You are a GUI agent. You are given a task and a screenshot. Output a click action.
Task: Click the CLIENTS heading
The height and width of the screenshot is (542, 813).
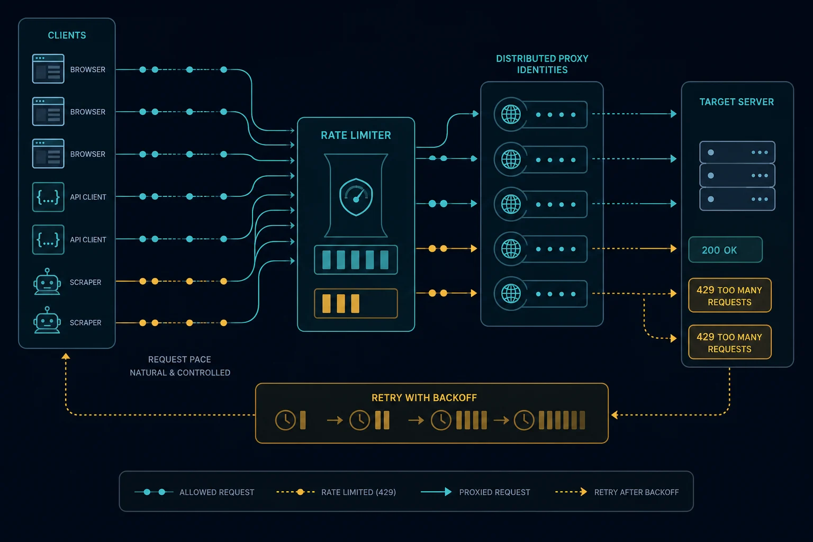[67, 35]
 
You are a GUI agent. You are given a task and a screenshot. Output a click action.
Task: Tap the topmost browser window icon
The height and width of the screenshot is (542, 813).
[48, 69]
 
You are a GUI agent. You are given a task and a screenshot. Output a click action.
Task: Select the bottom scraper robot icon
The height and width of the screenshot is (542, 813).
[47, 320]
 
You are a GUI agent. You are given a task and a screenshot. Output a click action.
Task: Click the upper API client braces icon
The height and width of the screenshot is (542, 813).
[48, 197]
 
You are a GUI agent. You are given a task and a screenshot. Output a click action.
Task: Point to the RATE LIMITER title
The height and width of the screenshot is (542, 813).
[356, 135]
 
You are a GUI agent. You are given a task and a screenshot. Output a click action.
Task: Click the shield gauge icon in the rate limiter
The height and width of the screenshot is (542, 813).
[356, 197]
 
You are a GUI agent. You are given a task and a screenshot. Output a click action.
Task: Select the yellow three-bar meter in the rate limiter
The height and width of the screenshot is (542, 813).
[356, 303]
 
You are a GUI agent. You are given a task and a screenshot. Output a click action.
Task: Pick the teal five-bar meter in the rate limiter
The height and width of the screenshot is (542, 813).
[356, 259]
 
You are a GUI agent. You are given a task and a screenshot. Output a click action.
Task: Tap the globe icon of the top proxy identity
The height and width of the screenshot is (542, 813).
[511, 114]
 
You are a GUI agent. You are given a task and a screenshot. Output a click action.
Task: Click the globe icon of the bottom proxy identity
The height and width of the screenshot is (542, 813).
[511, 293]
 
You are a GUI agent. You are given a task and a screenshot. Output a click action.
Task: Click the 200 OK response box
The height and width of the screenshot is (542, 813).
[725, 250]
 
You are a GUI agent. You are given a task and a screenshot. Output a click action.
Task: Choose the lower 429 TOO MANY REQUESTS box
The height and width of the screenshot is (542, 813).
[729, 342]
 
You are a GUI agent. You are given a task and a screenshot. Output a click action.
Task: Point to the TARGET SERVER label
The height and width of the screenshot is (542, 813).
[736, 102]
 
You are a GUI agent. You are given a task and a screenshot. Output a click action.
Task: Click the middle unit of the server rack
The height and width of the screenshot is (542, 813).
[737, 175]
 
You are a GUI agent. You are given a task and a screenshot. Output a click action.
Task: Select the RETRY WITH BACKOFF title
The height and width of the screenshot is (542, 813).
[424, 398]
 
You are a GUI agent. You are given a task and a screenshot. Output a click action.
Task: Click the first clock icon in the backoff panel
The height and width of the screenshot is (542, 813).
[285, 420]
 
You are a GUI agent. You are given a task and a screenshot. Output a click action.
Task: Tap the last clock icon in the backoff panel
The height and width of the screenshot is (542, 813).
[523, 420]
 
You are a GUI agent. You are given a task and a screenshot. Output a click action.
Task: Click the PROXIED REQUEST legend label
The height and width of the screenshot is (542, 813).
[494, 492]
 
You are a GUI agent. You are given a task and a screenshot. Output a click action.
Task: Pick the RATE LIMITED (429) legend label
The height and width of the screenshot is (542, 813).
[358, 492]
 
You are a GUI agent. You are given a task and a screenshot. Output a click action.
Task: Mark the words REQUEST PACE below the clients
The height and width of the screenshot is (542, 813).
[179, 359]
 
